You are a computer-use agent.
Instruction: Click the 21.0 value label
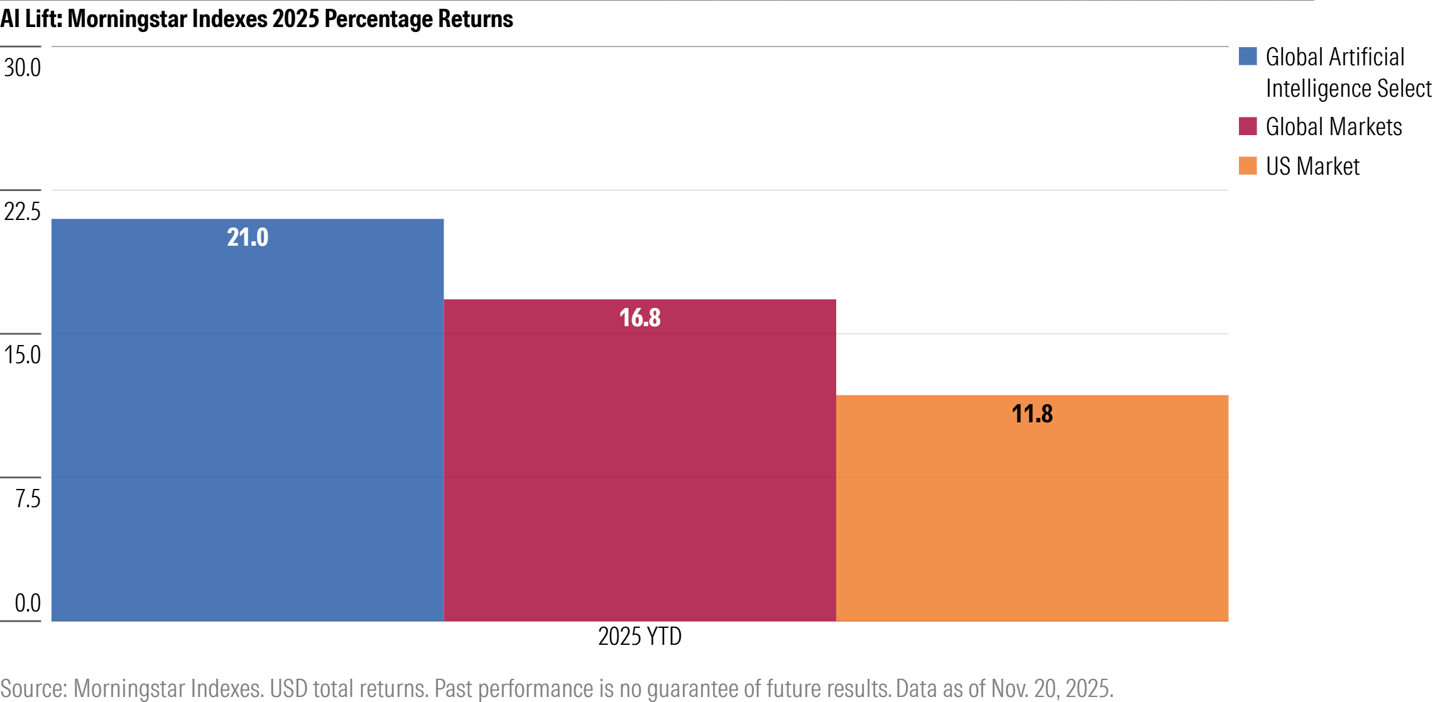[248, 238]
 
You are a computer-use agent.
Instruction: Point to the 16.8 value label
[640, 318]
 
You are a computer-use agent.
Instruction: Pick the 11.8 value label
[1032, 414]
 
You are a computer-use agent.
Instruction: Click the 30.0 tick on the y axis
[23, 68]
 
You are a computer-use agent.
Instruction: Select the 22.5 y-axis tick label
[23, 212]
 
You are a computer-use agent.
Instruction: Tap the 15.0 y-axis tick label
[23, 355]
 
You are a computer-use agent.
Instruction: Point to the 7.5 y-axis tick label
[28, 499]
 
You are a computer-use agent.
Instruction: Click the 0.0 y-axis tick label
[28, 603]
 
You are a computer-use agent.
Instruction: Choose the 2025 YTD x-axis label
[640, 637]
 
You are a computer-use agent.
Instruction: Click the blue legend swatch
[1248, 57]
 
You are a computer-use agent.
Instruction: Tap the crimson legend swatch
[1248, 126]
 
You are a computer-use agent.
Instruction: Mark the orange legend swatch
[1248, 166]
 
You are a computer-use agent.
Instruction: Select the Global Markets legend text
[1333, 127]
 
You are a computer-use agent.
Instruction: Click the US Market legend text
[1312, 167]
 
